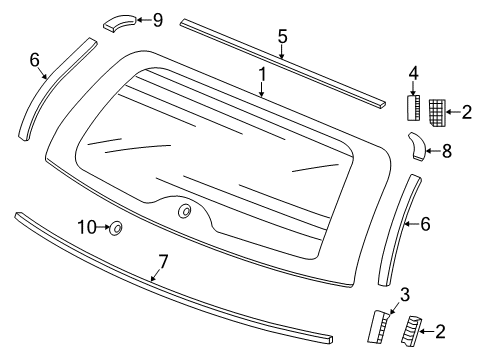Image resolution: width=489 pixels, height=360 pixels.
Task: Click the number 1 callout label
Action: tap(262, 73)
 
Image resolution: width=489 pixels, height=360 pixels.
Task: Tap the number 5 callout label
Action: tap(283, 38)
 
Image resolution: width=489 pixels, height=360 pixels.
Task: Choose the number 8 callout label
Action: tap(447, 153)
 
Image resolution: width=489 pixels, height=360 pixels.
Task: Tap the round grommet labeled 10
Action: tap(116, 229)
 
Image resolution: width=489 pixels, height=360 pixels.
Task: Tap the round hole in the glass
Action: tap(185, 211)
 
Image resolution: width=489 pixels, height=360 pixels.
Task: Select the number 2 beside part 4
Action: tap(467, 112)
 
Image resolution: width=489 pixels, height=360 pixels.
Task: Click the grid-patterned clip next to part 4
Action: tap(437, 111)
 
